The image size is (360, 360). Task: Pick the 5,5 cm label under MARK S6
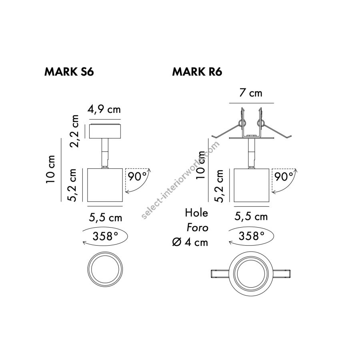tap(106, 218)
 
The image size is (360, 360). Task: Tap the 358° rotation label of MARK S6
tap(106, 236)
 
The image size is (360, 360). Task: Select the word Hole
tap(196, 213)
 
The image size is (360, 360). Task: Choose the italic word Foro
tap(197, 228)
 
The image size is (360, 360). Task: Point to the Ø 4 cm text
tap(190, 242)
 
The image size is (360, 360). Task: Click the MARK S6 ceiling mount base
tap(106, 131)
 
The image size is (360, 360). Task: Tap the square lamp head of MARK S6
tap(106, 185)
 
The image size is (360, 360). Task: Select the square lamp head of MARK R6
tap(251, 184)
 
